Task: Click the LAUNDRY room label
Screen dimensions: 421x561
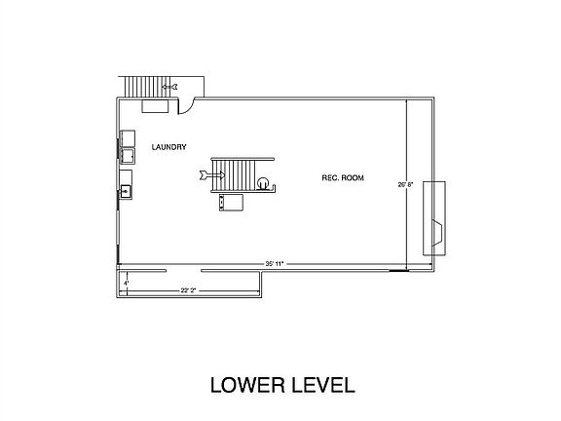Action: click(168, 147)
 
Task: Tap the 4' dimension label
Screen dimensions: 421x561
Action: click(126, 283)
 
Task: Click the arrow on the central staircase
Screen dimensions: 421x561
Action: click(210, 175)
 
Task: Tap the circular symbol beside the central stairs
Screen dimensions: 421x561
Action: click(262, 180)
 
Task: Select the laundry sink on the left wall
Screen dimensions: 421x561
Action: click(126, 191)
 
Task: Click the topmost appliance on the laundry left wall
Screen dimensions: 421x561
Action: click(127, 137)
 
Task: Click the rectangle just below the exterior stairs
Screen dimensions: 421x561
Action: click(155, 105)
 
